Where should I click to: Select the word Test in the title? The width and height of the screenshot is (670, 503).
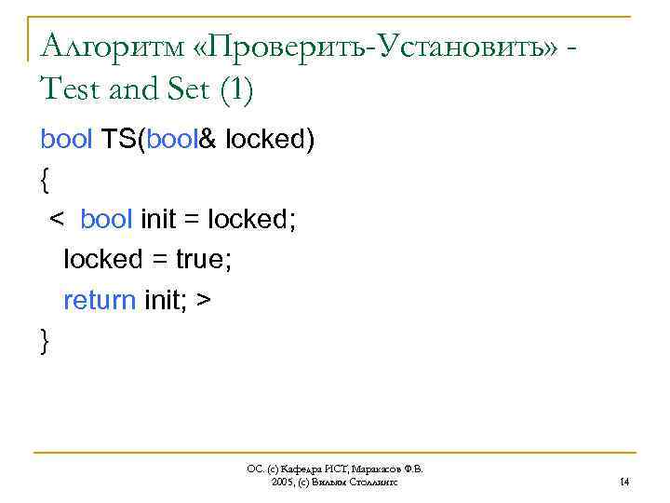point(74,90)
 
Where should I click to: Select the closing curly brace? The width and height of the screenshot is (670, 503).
point(46,342)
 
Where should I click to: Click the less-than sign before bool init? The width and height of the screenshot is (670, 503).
point(57,220)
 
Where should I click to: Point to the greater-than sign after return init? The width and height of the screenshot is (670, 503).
point(204,301)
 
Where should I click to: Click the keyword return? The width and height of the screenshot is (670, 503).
point(99,301)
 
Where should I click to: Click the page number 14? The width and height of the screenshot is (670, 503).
point(624,482)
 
